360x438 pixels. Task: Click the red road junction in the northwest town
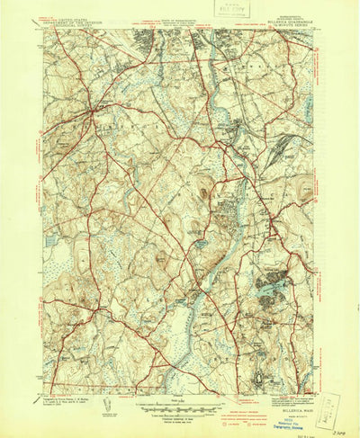click(x=94, y=112)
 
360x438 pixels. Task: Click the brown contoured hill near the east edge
click(x=306, y=189)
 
